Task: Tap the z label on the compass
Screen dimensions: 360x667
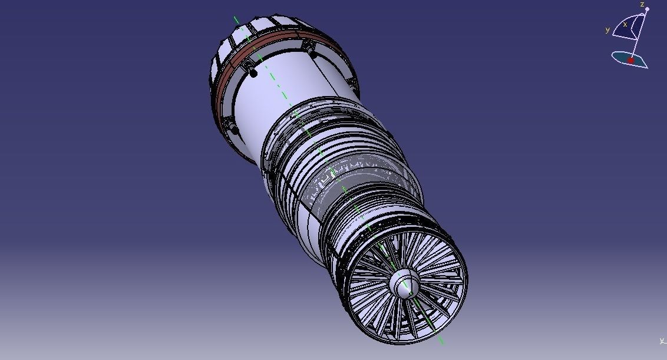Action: tap(642, 4)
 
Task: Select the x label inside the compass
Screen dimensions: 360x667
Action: tap(625, 24)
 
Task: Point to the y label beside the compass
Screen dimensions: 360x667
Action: tap(607, 30)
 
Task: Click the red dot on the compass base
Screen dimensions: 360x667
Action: tap(630, 60)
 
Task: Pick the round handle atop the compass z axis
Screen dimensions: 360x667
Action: tap(647, 9)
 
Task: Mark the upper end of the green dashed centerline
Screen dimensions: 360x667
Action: tap(234, 17)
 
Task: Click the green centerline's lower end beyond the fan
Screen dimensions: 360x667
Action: tap(443, 344)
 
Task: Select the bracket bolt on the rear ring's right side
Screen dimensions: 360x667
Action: tap(308, 46)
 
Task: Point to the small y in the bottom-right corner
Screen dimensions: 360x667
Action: tap(662, 341)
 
